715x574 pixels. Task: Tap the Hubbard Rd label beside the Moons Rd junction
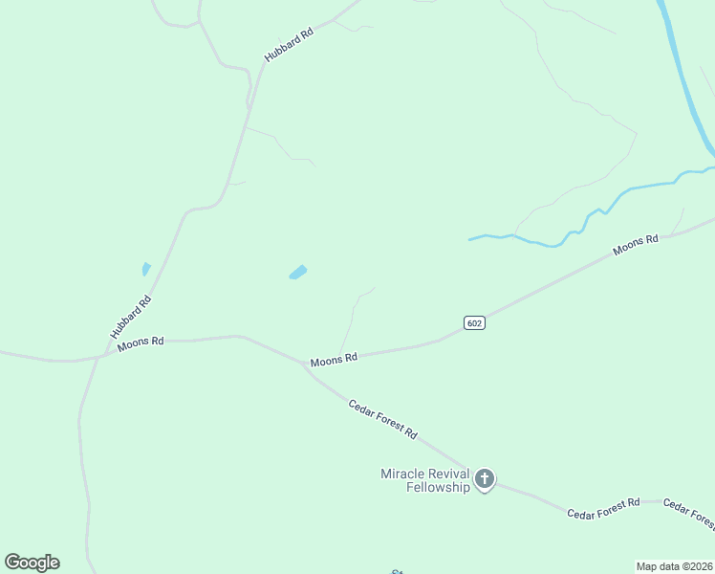click(x=131, y=317)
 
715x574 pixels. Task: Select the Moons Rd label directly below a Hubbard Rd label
click(x=141, y=342)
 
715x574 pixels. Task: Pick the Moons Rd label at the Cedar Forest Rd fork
click(x=334, y=359)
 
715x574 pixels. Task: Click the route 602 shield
click(x=475, y=323)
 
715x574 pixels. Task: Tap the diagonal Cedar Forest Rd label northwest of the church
click(x=382, y=419)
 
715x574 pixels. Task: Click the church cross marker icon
click(x=485, y=478)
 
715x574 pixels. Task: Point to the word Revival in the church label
click(x=449, y=474)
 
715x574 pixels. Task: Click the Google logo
click(x=32, y=563)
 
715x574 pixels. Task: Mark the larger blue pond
click(x=298, y=273)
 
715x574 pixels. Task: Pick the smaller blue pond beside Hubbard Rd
click(x=146, y=269)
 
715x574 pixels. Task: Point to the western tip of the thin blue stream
click(x=470, y=238)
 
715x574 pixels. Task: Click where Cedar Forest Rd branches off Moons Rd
click(x=306, y=364)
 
